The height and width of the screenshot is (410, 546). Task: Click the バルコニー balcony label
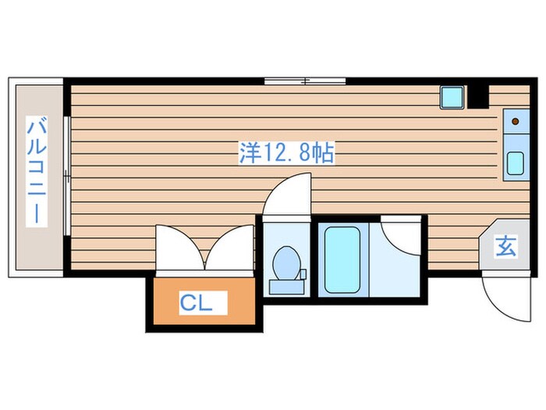[x=35, y=170]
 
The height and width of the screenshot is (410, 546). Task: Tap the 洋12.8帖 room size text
[x=286, y=153]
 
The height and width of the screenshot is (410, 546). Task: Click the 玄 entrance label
[x=505, y=248]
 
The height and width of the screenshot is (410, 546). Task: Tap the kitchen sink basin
[x=515, y=164]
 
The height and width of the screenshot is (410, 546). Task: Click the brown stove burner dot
[x=516, y=122]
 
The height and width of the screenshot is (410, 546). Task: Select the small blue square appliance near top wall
[x=452, y=97]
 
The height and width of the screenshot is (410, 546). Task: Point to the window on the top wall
[x=304, y=80]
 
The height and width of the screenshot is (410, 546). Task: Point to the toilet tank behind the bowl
[x=285, y=287]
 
